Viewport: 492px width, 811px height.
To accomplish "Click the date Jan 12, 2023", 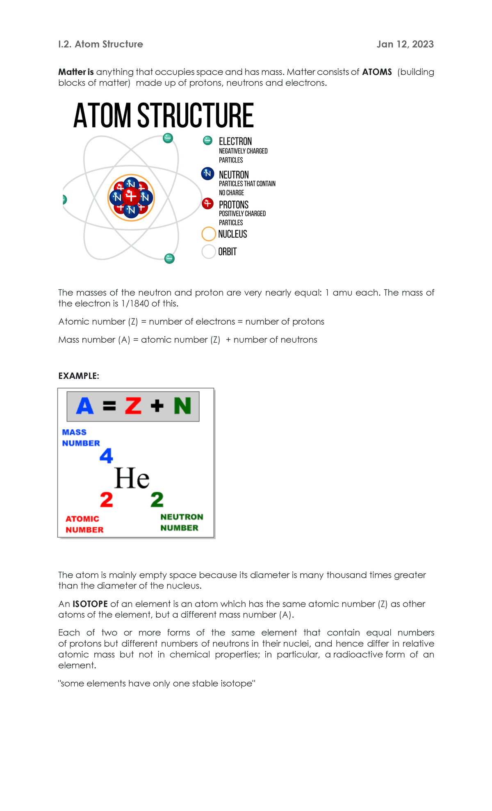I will coord(405,44).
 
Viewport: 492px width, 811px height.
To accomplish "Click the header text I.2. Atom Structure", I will coord(100,44).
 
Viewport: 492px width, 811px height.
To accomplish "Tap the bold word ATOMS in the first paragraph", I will coord(377,72).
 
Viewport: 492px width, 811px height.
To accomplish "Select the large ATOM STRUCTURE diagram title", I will coord(164,116).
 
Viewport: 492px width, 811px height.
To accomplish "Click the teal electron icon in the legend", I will coord(208,141).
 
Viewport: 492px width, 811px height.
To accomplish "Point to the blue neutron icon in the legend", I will coord(208,174).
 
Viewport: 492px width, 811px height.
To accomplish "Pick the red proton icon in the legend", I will coord(208,203).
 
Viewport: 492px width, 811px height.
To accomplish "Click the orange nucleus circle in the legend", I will coord(209,234).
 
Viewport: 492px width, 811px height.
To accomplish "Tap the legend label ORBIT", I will coord(227,252).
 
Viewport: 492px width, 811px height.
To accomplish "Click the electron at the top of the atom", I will coord(168,138).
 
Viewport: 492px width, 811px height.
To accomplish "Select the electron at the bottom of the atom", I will coord(169,259).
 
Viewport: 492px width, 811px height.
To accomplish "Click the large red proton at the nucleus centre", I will coord(131,197).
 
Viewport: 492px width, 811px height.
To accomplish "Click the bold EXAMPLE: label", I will coord(79,376).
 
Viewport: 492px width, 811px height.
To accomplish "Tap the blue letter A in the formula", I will coord(85,406).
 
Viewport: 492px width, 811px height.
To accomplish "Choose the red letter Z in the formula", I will coord(133,406).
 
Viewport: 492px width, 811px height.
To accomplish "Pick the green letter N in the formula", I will coord(182,406).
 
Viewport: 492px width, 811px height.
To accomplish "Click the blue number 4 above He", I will coord(106,456).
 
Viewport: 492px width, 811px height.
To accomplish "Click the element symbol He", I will coord(132,479).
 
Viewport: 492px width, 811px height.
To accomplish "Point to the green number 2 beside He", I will coord(157,500).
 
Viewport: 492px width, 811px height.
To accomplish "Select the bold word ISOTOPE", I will coord(90,604).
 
